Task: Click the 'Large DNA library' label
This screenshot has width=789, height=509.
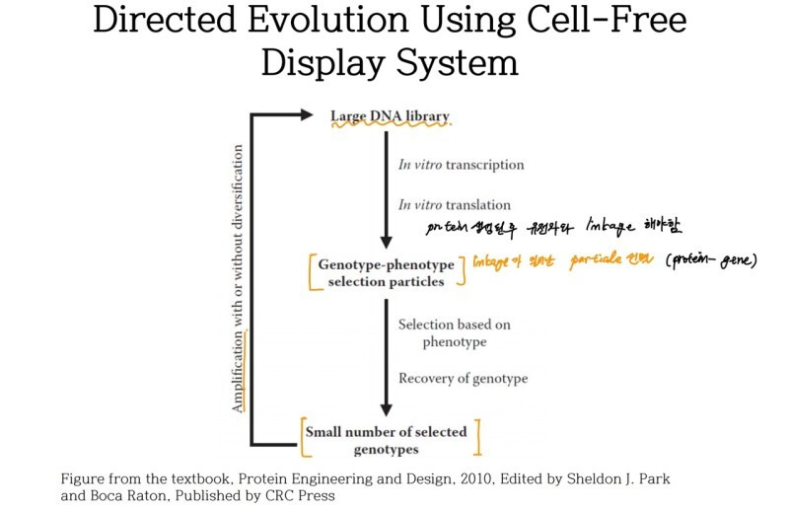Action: pyautogui.click(x=390, y=116)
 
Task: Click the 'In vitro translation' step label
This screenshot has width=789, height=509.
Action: pyautogui.click(x=455, y=205)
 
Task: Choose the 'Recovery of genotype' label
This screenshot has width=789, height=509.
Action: pyautogui.click(x=463, y=378)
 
